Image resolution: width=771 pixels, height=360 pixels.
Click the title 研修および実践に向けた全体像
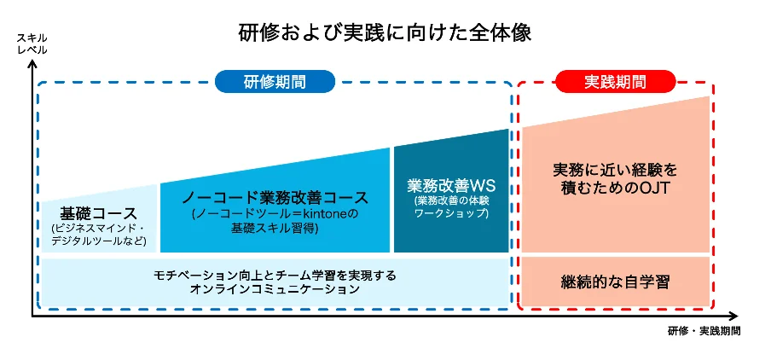click(385, 33)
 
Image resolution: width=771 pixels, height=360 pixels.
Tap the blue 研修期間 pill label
click(275, 82)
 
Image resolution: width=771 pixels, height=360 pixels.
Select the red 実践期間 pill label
click(615, 82)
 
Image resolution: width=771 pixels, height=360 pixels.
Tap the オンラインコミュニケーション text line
click(275, 290)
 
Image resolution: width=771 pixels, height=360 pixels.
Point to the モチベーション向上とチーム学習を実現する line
click(275, 276)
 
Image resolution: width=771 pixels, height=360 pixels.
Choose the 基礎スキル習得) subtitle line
click(275, 229)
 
